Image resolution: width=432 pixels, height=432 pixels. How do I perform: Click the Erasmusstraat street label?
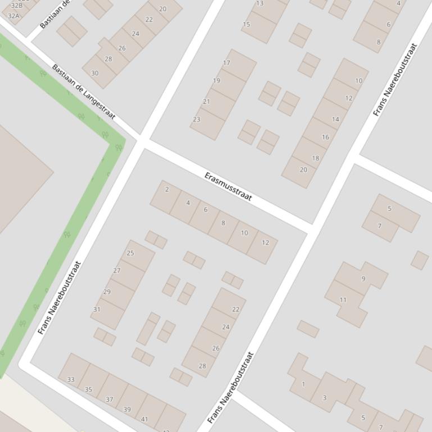[228, 187]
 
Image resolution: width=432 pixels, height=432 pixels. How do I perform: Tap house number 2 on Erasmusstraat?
[167, 190]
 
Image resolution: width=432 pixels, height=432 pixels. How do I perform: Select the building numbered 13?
[260, 3]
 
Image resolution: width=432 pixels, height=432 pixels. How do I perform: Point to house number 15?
[247, 24]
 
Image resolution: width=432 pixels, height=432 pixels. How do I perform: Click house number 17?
[226, 63]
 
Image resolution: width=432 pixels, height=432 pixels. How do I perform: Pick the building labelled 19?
[216, 81]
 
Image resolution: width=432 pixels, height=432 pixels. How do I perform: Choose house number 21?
[206, 102]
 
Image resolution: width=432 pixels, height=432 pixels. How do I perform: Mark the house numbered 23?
[197, 120]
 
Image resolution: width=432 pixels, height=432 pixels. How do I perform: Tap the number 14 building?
[335, 119]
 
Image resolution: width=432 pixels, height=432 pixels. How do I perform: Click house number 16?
[325, 137]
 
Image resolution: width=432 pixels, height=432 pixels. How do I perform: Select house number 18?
[316, 158]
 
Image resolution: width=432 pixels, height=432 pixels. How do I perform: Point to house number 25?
[130, 253]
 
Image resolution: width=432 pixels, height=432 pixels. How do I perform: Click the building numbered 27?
[117, 270]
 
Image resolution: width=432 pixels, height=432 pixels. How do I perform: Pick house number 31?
[97, 309]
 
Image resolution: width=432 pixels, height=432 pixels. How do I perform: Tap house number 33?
[71, 380]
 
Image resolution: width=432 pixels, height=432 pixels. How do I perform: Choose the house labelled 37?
[110, 399]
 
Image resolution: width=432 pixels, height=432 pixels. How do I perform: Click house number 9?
[363, 279]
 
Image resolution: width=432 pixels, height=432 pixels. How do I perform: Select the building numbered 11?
[343, 300]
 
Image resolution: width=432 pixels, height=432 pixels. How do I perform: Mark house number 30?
[94, 73]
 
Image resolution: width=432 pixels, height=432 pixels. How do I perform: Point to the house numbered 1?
[303, 384]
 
